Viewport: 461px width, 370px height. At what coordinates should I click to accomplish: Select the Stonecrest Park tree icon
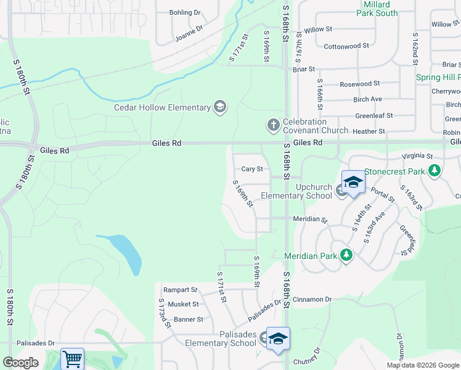tap(435, 170)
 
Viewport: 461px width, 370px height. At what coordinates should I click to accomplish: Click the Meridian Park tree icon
tap(346, 255)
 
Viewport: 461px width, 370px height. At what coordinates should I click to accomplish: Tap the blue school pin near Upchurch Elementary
tap(353, 183)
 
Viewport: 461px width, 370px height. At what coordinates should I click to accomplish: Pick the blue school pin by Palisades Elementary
tap(278, 339)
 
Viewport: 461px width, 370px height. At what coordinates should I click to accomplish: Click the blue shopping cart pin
tap(72, 358)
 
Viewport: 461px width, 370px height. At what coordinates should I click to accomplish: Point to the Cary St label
tap(252, 169)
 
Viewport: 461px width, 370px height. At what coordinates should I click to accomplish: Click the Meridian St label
tap(310, 219)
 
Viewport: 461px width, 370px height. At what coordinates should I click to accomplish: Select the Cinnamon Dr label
tap(312, 300)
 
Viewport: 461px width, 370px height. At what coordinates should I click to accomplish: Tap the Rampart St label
tap(180, 290)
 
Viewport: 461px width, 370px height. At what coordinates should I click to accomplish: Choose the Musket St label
tap(185, 304)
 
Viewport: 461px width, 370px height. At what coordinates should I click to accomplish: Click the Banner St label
tap(189, 319)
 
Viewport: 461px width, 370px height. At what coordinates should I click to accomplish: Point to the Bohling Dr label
tap(185, 12)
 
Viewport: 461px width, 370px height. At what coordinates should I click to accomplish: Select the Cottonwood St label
tap(346, 46)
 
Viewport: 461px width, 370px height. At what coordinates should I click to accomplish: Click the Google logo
tap(20, 363)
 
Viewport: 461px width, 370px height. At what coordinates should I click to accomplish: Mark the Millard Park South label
tap(377, 9)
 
